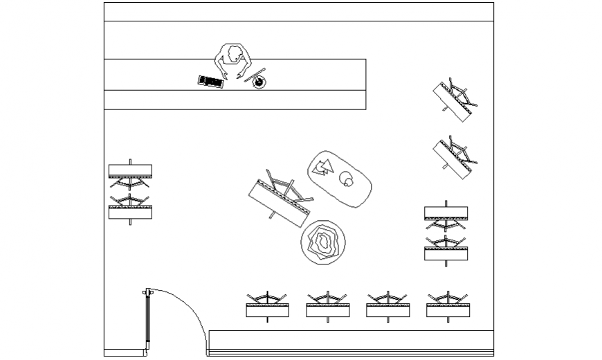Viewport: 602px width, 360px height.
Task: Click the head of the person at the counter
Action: click(232, 55)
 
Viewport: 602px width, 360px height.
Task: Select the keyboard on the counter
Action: click(210, 82)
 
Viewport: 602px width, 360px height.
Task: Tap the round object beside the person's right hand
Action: click(259, 82)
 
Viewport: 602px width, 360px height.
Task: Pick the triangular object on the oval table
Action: click(322, 167)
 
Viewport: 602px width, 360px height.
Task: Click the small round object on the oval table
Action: click(346, 183)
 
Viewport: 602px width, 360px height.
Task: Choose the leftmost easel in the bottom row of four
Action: click(268, 306)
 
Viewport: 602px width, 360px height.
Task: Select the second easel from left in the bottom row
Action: click(327, 306)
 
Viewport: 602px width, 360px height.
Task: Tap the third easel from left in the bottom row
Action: click(387, 306)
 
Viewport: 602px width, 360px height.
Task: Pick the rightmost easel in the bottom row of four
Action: click(448, 306)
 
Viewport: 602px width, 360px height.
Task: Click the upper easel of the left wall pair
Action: click(130, 174)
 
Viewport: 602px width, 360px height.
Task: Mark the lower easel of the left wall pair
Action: click(130, 208)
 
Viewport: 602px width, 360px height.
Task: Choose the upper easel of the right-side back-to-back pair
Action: click(446, 216)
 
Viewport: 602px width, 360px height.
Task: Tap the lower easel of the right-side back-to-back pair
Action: click(446, 249)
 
